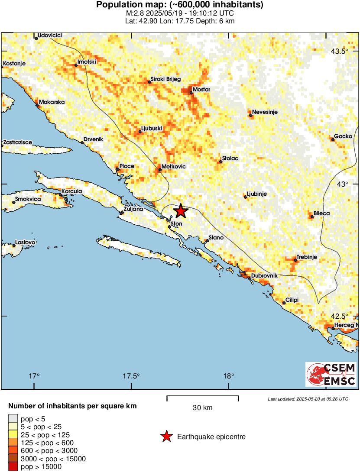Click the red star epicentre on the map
[x=181, y=211]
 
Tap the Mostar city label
[x=201, y=89]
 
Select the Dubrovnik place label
[x=264, y=275]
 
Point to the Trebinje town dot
[x=295, y=260]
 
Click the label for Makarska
[x=52, y=102]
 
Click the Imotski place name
[x=87, y=62]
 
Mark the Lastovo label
[x=25, y=242]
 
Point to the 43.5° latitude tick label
[x=339, y=52]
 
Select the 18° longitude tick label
[x=229, y=375]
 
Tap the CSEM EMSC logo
[x=331, y=374]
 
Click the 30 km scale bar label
[x=202, y=407]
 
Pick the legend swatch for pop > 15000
[x=13, y=466]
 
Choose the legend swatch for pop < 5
[x=13, y=419]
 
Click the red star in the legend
[x=166, y=437]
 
